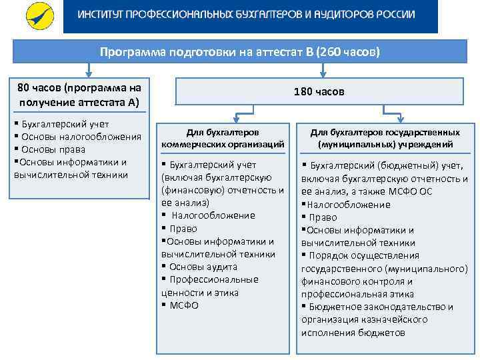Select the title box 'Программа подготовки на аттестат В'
coord(239,51)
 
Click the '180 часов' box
coord(319,91)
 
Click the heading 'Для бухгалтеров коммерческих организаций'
coord(223,138)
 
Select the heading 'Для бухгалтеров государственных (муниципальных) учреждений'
coord(385,138)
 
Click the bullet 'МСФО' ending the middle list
coord(184,305)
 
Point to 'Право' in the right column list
coord(323,217)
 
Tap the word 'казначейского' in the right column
coord(398,319)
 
